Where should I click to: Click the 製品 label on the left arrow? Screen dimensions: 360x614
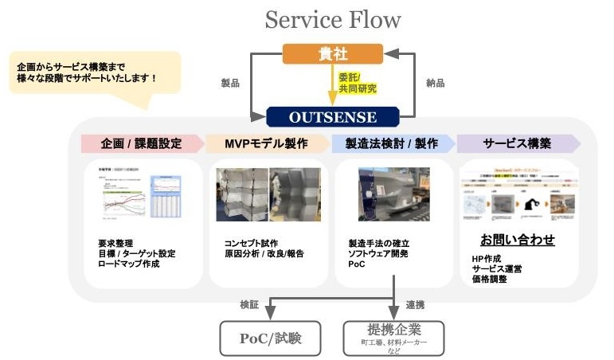230,82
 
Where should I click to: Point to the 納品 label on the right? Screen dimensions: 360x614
436,82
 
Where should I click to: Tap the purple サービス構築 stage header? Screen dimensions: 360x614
518,144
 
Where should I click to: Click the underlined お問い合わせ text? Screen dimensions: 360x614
517,240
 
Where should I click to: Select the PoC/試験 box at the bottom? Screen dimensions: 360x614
271,337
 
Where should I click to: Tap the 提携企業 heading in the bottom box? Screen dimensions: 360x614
393,329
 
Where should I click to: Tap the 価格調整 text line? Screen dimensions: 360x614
490,280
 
